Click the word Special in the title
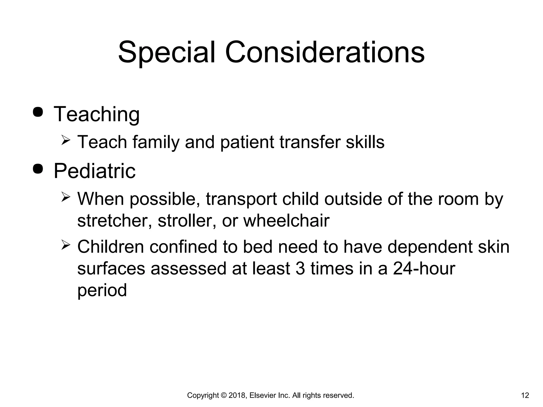tap(166, 52)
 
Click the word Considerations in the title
tap(325, 52)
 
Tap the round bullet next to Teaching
tap(38, 112)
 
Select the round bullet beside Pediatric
tap(38, 169)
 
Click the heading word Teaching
tap(97, 114)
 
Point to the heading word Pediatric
tap(94, 171)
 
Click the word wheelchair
tap(286, 220)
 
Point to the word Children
tap(110, 247)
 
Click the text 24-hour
tap(424, 268)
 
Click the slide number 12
tap(525, 396)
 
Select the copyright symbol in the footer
tap(223, 396)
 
